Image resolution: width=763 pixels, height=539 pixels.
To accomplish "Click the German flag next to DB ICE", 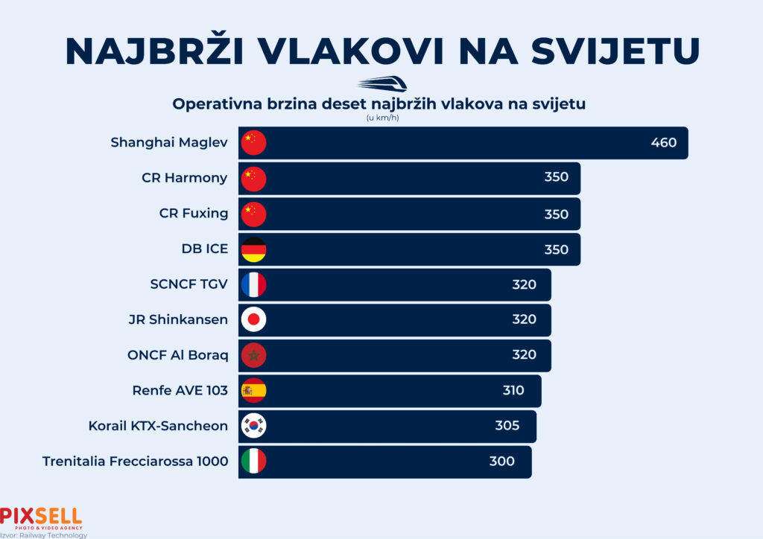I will (x=254, y=249).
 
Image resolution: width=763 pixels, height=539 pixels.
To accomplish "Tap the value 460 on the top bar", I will (x=663, y=142).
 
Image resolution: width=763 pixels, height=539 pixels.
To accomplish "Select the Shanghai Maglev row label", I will (x=169, y=142).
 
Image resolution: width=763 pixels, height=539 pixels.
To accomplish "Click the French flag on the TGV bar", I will (x=254, y=284).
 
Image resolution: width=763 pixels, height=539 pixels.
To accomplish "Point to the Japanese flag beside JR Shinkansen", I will (x=254, y=319).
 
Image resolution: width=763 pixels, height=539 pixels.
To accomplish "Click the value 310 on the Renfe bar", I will (x=513, y=390).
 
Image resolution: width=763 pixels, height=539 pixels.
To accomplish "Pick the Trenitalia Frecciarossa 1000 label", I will (x=136, y=461).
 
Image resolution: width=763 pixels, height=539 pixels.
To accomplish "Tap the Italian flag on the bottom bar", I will (x=254, y=461).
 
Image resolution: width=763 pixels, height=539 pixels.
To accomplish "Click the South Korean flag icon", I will (x=254, y=426).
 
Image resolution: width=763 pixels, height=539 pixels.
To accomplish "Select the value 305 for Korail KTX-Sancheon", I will (x=507, y=426).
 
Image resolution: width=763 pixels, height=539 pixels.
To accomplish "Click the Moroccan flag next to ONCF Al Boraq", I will (x=254, y=355).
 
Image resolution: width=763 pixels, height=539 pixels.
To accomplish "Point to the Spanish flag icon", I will (x=254, y=390).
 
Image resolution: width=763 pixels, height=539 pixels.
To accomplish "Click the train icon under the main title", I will (x=381, y=83).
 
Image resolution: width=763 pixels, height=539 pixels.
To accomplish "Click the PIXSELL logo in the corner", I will (x=41, y=517).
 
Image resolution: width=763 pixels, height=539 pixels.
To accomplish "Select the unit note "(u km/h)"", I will (x=381, y=118).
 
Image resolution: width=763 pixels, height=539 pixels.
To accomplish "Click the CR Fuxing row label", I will (x=194, y=214).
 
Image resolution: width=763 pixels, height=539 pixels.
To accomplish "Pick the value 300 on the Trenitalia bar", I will (x=501, y=461).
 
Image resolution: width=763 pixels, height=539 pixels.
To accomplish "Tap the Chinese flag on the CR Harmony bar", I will (x=254, y=179).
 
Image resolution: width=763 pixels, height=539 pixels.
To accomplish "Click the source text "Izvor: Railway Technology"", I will (x=44, y=535).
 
